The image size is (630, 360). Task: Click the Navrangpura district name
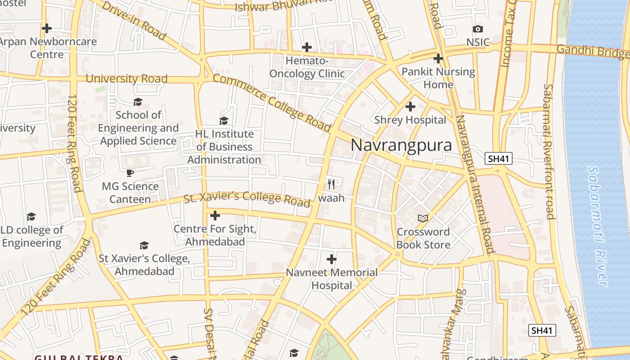(x=401, y=145)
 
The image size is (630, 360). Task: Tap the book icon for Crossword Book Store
(x=423, y=218)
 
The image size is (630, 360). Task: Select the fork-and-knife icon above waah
(x=331, y=184)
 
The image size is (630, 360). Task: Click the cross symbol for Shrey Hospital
(x=410, y=107)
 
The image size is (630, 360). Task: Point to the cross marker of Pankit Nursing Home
(x=438, y=58)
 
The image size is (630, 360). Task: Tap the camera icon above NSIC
(x=478, y=29)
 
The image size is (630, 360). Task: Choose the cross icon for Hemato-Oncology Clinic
(x=307, y=47)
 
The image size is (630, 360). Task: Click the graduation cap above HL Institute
(x=224, y=121)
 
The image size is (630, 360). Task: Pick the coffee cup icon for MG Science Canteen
(x=130, y=173)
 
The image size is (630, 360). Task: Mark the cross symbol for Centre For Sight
(x=215, y=216)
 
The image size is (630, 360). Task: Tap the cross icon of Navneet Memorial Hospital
(x=332, y=259)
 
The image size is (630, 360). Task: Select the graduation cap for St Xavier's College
(x=144, y=245)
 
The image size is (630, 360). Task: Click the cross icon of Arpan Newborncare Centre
(x=47, y=28)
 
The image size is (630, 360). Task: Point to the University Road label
(x=126, y=79)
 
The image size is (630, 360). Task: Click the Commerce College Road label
(x=271, y=103)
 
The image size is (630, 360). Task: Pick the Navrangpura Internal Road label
(x=475, y=184)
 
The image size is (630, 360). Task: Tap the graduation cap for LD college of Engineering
(x=31, y=216)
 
